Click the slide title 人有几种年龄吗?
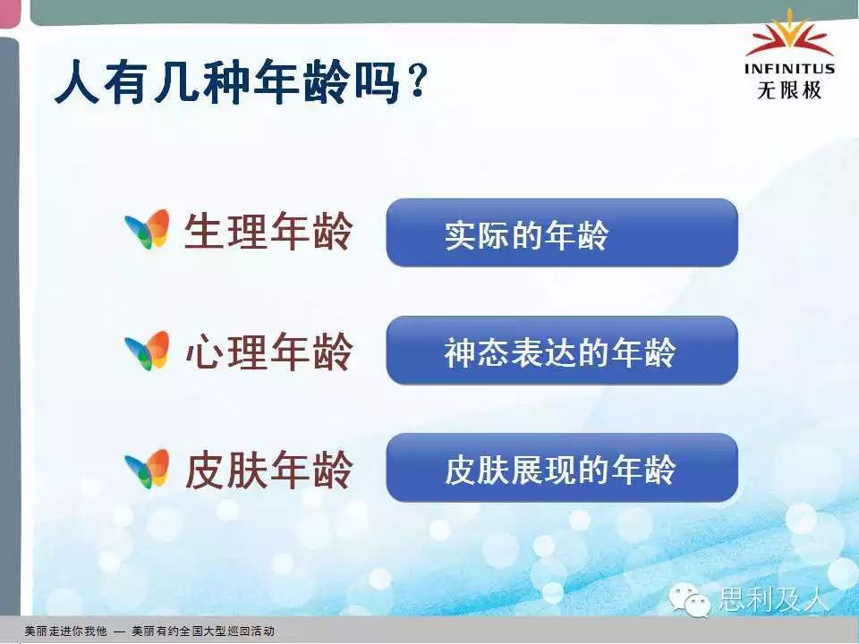pyautogui.click(x=241, y=82)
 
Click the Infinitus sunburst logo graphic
pyautogui.click(x=789, y=35)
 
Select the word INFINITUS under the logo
pyautogui.click(x=789, y=69)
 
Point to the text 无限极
pyautogui.click(x=789, y=89)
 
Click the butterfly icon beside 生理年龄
pyautogui.click(x=147, y=229)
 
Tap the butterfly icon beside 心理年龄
pyautogui.click(x=147, y=351)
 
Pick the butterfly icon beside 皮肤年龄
pyautogui.click(x=147, y=469)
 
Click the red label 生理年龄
pyautogui.click(x=268, y=231)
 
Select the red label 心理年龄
pyautogui.click(x=268, y=352)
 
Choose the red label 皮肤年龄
pyautogui.click(x=268, y=470)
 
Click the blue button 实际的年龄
pyautogui.click(x=562, y=233)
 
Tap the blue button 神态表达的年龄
pyautogui.click(x=562, y=351)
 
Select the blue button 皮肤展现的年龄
pyautogui.click(x=562, y=468)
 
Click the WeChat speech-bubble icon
pyautogui.click(x=689, y=599)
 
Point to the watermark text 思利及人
pyautogui.click(x=772, y=598)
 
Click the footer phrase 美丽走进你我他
pyautogui.click(x=65, y=631)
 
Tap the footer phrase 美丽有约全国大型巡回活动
pyautogui.click(x=203, y=631)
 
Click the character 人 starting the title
pyautogui.click(x=77, y=82)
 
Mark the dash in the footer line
pyautogui.click(x=119, y=631)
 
